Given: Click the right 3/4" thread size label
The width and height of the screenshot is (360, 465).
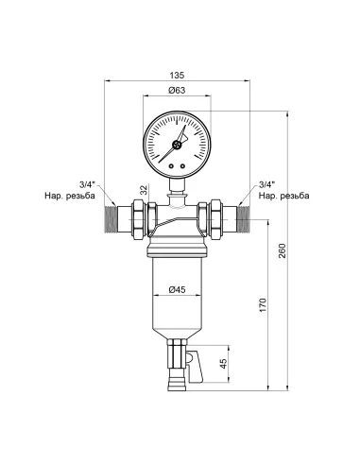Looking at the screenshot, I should [x=266, y=185].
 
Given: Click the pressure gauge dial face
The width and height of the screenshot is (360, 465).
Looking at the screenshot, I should [x=175, y=141].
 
